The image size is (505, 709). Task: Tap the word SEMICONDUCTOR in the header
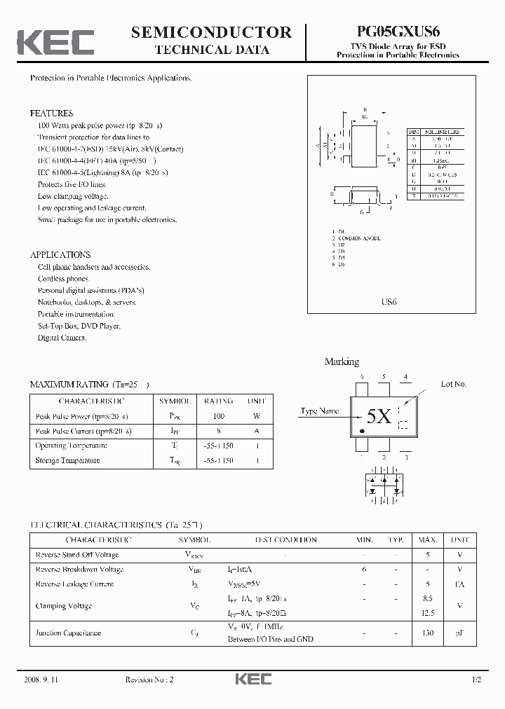(x=211, y=32)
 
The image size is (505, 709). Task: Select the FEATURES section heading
(x=51, y=113)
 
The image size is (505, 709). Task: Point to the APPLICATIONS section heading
(x=60, y=255)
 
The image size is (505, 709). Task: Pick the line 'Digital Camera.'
(x=62, y=338)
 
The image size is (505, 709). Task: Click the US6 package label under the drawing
(x=389, y=302)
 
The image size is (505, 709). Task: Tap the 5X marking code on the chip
(x=379, y=417)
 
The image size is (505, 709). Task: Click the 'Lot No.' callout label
(x=453, y=384)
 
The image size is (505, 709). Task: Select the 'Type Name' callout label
(x=319, y=411)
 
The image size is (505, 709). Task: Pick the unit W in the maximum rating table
(x=255, y=416)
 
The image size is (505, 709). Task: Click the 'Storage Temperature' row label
(x=67, y=460)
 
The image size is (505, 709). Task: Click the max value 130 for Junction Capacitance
(x=427, y=633)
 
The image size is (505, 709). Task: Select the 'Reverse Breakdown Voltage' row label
(x=79, y=570)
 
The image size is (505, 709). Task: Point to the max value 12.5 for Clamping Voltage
(x=428, y=613)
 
